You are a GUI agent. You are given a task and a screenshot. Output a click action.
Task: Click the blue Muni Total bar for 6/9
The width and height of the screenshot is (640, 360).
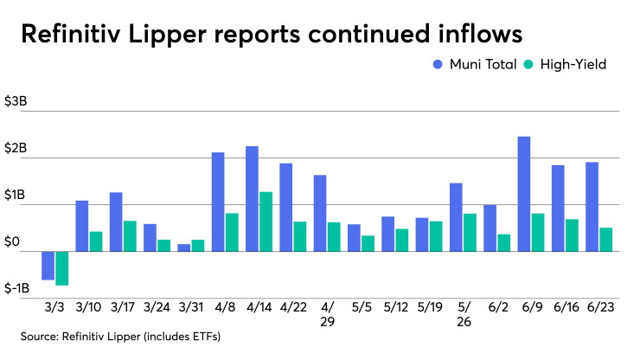pyautogui.click(x=524, y=194)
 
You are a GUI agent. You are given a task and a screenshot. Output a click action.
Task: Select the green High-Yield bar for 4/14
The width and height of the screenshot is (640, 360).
pyautogui.click(x=266, y=222)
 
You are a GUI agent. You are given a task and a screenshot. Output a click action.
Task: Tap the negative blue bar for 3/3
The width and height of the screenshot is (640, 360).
pyautogui.click(x=48, y=266)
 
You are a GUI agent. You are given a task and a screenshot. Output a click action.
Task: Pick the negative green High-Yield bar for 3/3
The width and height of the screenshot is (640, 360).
pyautogui.click(x=62, y=268)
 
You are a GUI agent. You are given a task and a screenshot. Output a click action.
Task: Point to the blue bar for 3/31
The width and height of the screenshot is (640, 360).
pyautogui.click(x=184, y=247)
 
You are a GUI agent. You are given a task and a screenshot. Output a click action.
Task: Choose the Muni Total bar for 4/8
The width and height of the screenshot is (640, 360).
pyautogui.click(x=218, y=202)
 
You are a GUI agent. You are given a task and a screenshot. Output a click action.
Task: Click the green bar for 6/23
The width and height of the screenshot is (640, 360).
pyautogui.click(x=606, y=240)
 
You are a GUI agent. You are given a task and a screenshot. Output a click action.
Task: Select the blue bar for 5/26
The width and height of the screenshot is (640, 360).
pyautogui.click(x=456, y=217)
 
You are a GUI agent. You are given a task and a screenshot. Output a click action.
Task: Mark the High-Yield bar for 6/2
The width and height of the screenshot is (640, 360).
pyautogui.click(x=504, y=243)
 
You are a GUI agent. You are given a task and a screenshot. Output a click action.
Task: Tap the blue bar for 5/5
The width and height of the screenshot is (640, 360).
pyautogui.click(x=354, y=238)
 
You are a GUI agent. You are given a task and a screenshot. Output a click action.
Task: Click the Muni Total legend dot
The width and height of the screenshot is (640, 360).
pyautogui.click(x=438, y=65)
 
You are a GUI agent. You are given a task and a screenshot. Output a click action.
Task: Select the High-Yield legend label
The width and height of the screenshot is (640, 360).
pyautogui.click(x=573, y=65)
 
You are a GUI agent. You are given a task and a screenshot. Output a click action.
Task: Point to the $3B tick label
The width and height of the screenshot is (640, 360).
pyautogui.click(x=16, y=101)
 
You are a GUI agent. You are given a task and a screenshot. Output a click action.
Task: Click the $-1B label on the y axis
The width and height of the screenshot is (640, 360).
pyautogui.click(x=16, y=288)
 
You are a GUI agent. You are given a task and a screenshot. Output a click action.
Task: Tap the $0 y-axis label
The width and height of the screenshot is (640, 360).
pyautogui.click(x=12, y=242)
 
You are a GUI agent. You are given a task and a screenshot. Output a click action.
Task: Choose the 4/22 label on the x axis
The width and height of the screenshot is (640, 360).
pyautogui.click(x=293, y=307)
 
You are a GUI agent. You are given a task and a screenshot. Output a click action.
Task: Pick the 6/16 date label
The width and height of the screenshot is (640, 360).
pyautogui.click(x=566, y=307)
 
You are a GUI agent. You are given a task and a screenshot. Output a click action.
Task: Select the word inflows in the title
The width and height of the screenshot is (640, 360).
pyautogui.click(x=480, y=34)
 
